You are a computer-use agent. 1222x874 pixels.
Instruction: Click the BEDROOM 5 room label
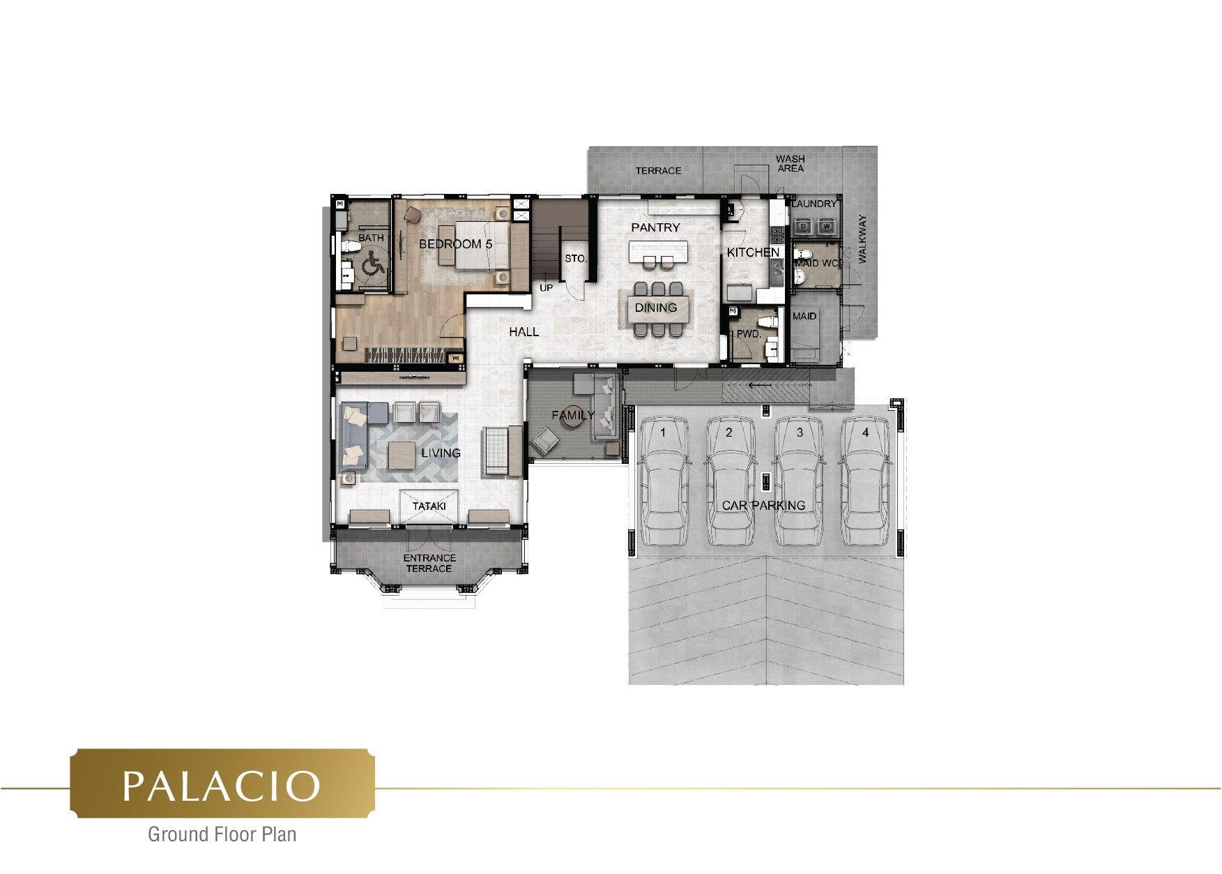coord(455,244)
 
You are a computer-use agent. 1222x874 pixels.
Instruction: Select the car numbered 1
coord(664,481)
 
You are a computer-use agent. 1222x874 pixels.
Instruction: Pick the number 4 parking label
coord(866,432)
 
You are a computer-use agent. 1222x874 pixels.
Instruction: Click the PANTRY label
coord(655,227)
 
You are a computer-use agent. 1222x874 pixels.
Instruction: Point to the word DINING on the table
coord(655,308)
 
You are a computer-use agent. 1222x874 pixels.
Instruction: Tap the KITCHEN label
coord(753,253)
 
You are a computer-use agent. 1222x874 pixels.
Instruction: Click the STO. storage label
coord(575,259)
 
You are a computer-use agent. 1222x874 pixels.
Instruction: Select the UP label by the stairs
coord(546,287)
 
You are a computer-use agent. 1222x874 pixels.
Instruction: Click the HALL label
coord(524,332)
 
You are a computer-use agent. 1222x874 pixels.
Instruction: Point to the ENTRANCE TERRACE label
coord(429,563)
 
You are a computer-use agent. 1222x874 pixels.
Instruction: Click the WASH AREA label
coord(790,164)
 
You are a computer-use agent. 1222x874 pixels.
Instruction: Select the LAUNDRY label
coord(814,204)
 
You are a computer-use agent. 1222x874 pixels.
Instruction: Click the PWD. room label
coord(749,335)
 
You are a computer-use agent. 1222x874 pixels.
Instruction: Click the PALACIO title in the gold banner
coord(222,786)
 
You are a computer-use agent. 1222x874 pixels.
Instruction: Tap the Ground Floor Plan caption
coord(222,834)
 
